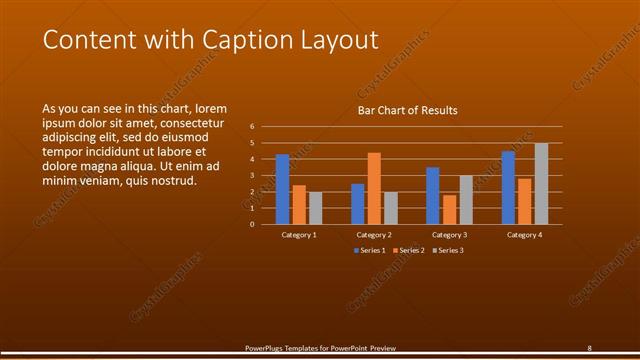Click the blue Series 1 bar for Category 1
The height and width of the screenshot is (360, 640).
(x=282, y=189)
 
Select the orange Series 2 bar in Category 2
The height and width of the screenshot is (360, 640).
(x=374, y=188)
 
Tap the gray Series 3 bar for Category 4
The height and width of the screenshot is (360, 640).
(x=541, y=184)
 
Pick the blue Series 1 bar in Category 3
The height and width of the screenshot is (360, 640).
(x=433, y=196)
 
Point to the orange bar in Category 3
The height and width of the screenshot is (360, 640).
(x=449, y=210)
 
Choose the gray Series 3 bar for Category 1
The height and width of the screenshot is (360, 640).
(x=315, y=208)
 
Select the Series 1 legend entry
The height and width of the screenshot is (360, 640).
(x=370, y=250)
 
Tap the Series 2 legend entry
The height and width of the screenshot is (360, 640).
(x=410, y=250)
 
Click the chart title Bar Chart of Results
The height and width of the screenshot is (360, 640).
(x=408, y=110)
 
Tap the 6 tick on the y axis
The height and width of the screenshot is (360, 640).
(x=252, y=127)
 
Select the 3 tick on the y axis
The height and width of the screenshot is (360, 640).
(x=252, y=175)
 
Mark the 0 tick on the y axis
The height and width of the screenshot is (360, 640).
(x=252, y=224)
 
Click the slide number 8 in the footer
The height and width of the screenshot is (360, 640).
(x=589, y=348)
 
